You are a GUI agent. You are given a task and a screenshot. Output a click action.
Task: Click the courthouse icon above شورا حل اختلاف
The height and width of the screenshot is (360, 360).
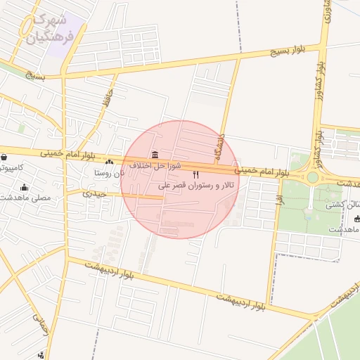point(155,155)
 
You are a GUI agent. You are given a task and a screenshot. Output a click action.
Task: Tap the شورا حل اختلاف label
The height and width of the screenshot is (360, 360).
point(155,165)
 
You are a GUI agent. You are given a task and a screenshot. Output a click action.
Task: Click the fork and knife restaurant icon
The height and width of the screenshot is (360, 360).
point(195,174)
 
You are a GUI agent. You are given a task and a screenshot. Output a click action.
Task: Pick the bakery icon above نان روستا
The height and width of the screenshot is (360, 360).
point(109,162)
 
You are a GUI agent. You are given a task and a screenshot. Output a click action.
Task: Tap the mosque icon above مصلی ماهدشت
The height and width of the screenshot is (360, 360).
point(25,187)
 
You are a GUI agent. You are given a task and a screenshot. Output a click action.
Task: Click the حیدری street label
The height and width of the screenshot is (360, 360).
point(94,192)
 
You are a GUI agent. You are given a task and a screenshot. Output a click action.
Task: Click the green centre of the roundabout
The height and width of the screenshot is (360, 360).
point(312,177)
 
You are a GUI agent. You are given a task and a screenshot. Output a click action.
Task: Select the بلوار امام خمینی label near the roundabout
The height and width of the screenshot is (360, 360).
point(262,171)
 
